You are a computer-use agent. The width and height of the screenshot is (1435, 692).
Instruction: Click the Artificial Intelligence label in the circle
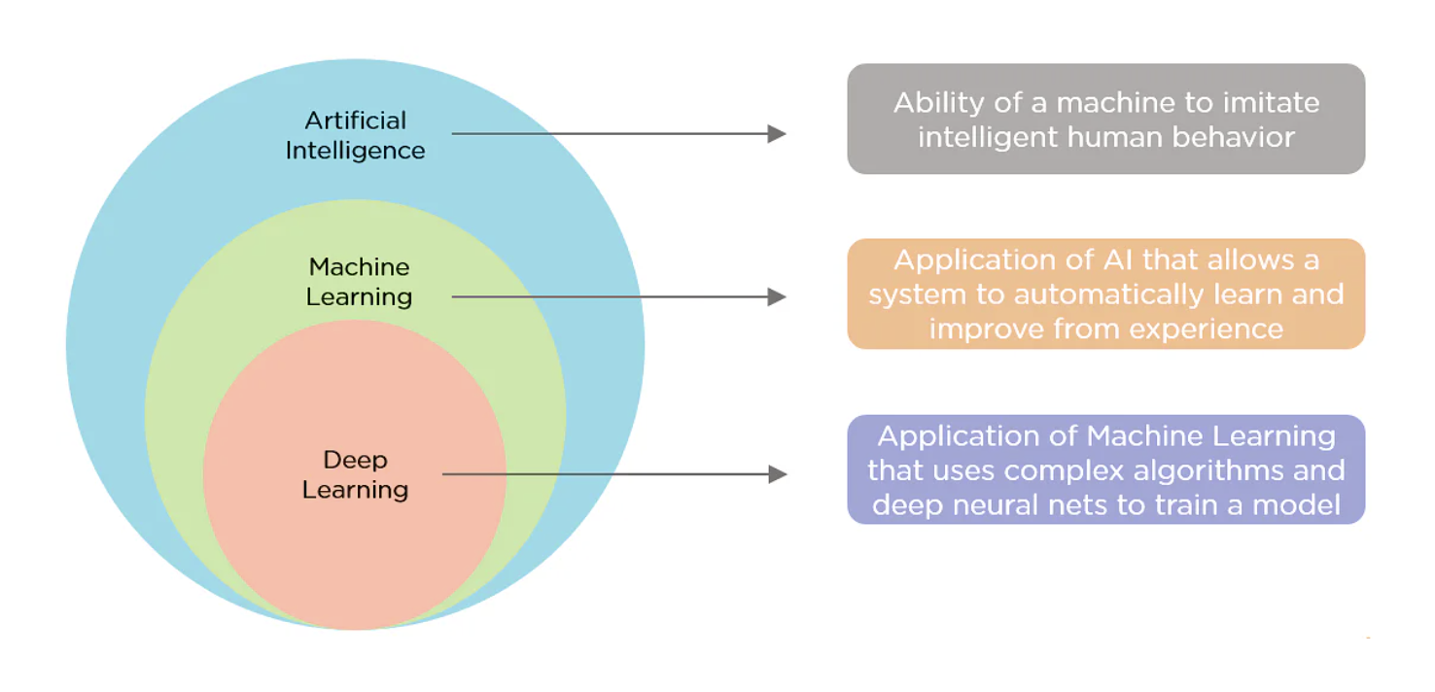click(x=355, y=135)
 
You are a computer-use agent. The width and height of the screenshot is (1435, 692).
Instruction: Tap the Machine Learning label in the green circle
click(x=359, y=282)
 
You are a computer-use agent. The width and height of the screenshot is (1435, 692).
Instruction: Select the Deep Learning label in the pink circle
click(x=355, y=474)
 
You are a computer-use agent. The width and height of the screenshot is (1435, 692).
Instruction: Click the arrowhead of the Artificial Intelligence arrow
click(x=777, y=134)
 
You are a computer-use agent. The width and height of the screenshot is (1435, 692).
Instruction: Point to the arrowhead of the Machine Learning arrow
click(x=777, y=296)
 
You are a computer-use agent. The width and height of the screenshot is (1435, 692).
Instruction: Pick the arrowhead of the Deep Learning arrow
click(x=777, y=474)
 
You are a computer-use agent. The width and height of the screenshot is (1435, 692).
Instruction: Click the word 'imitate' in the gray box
click(x=1271, y=103)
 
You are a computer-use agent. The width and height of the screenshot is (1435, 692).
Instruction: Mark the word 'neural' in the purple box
click(x=1033, y=504)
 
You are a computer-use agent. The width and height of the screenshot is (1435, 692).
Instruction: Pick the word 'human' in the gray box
click(x=1092, y=137)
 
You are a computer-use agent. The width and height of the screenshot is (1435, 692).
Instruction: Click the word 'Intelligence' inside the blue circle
click(x=355, y=151)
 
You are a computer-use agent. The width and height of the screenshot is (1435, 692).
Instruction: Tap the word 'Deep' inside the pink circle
click(x=355, y=460)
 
